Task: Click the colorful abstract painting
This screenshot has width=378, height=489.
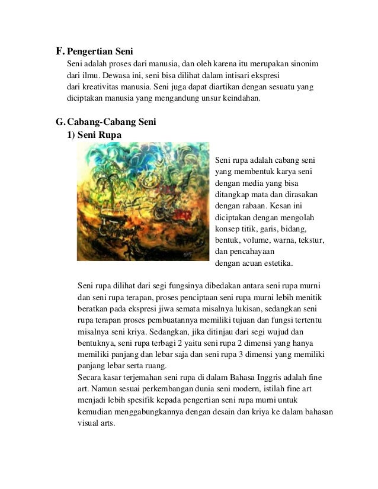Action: click(143, 201)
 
